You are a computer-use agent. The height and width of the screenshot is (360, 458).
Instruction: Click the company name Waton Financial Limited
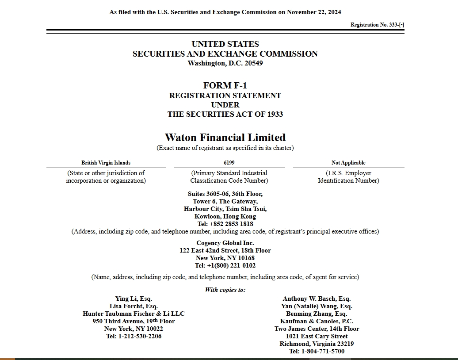click(225, 138)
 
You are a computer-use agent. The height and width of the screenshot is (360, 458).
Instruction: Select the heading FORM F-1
click(225, 85)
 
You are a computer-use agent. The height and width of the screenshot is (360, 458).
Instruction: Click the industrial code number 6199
click(229, 163)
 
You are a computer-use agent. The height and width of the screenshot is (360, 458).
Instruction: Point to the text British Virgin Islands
click(106, 163)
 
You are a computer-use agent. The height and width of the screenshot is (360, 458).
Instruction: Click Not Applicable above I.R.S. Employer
click(348, 163)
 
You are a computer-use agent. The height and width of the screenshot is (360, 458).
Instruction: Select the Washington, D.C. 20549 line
click(225, 63)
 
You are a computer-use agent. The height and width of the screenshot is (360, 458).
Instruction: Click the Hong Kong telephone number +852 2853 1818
click(231, 224)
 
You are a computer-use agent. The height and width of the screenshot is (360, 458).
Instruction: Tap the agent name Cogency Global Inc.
click(225, 243)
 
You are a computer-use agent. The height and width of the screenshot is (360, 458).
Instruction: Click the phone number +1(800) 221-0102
click(231, 266)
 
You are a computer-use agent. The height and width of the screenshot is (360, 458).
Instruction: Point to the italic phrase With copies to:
click(225, 290)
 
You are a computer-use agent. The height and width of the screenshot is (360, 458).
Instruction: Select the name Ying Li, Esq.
click(134, 299)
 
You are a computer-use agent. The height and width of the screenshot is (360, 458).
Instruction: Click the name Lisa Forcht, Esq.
click(134, 306)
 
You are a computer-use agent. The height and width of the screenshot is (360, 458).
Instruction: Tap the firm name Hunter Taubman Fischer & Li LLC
click(134, 314)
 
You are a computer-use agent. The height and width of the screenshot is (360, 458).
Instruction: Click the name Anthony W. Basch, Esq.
click(317, 299)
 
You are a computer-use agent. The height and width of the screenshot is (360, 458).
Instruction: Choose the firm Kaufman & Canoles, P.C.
click(317, 321)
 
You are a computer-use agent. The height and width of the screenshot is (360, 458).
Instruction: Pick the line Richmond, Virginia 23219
click(317, 344)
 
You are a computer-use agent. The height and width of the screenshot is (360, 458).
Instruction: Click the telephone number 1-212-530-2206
click(140, 336)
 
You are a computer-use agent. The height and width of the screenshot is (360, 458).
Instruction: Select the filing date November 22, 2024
click(314, 12)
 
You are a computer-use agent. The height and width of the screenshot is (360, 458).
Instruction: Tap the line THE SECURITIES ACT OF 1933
click(225, 114)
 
